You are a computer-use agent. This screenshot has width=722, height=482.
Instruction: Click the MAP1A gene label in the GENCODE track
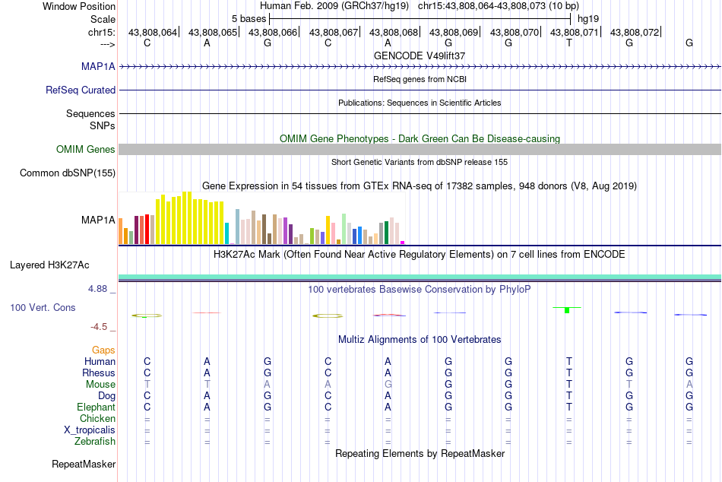pos(98,66)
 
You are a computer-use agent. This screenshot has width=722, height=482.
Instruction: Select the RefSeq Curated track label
pos(81,90)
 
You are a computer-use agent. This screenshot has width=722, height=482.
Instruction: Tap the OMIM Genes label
pos(86,149)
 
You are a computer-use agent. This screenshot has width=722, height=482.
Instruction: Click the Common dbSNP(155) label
pos(68,173)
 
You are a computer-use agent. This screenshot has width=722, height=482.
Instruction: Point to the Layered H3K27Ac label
pos(49,265)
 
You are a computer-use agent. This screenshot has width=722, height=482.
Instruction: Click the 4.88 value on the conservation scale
pos(97,289)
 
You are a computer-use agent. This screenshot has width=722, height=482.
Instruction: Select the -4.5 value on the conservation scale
pos(99,327)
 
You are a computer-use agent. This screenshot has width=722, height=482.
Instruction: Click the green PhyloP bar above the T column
pos(567,309)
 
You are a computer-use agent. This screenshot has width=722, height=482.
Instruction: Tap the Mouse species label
pos(100,385)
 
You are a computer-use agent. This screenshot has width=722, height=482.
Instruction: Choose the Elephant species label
pos(97,407)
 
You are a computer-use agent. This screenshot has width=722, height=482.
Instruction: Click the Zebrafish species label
pos(95,442)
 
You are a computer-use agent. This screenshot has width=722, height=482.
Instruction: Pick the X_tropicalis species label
pos(90,430)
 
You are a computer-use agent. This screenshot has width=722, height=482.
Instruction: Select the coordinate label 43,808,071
pos(575,32)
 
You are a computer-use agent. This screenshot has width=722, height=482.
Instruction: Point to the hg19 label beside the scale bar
pos(588,19)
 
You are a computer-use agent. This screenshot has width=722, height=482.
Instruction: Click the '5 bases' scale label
pos(249,19)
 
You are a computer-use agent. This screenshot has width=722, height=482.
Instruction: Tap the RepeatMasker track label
pos(84,464)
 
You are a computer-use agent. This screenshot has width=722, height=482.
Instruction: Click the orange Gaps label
pos(103,350)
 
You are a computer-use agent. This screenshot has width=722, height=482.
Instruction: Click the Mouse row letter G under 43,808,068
pos(388,385)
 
